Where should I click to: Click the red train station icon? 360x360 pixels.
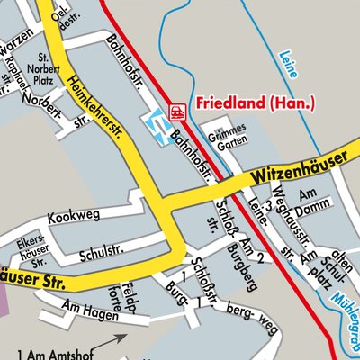[177, 112]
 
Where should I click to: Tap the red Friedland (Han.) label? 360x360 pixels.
[256, 104]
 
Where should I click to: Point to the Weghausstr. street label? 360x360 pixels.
[281, 214]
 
